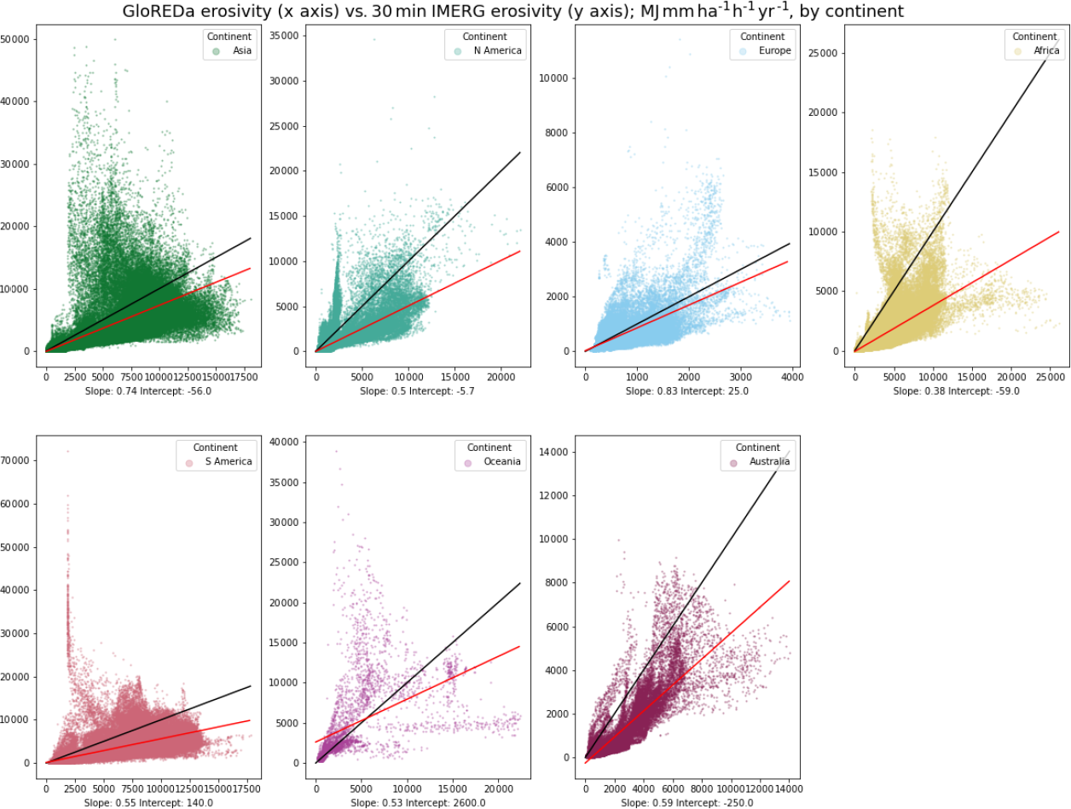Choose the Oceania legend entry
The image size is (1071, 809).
point(502,462)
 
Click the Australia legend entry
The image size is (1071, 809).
point(769,462)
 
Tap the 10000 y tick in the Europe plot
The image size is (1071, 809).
point(555,78)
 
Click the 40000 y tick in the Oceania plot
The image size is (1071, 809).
point(286,442)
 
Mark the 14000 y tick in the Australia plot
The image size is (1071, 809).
point(555,453)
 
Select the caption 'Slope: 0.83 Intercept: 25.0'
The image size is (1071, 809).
point(686,391)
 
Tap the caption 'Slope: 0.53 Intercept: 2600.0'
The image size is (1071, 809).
point(417,803)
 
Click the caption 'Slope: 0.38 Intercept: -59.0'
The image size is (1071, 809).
point(956,391)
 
